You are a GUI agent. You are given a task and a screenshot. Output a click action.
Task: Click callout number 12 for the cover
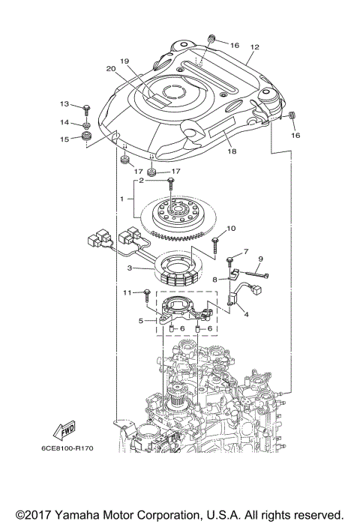coord(254,46)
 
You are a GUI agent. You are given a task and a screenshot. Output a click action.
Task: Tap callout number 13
coord(64,104)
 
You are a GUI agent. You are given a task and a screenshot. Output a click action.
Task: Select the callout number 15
coord(64,139)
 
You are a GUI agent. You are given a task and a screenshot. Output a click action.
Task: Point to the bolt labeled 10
coord(215,241)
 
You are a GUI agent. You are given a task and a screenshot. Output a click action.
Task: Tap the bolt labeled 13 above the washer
coord(87,107)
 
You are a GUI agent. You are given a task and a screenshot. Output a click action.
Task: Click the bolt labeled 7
coord(227,259)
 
